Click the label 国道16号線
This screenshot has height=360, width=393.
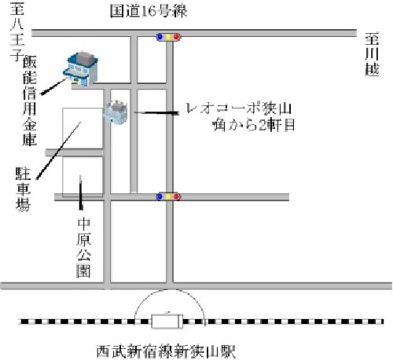(149, 11)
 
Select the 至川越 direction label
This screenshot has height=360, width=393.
(372, 54)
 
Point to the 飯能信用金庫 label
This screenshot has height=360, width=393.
(29, 101)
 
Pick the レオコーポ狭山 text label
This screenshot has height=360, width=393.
(238, 108)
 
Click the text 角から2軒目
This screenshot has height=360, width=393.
(254, 125)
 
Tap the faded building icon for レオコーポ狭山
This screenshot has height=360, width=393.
(116, 112)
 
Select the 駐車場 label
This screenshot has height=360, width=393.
(23, 189)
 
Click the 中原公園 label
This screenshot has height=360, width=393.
(84, 248)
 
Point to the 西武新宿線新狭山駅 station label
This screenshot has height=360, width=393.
(166, 351)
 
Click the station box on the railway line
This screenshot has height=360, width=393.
(167, 321)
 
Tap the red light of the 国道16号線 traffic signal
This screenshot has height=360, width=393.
(177, 37)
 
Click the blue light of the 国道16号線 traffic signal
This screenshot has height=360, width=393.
(160, 37)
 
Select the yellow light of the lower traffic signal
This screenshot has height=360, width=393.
(168, 197)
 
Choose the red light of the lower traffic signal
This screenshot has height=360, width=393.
(177, 197)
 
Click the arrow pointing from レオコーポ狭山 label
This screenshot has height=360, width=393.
(156, 113)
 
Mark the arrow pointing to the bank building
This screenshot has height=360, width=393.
(53, 86)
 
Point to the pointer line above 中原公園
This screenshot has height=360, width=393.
(81, 193)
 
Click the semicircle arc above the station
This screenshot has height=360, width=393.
(169, 289)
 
